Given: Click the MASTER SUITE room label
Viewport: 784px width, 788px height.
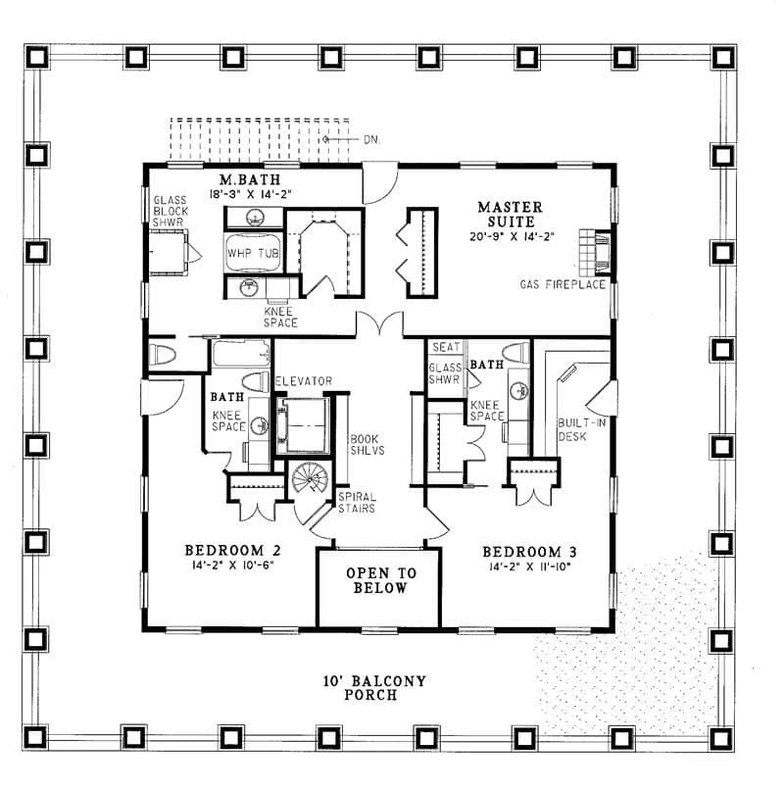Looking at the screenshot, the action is click(x=511, y=215).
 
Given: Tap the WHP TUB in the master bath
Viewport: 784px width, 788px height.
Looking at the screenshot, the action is click(x=253, y=253).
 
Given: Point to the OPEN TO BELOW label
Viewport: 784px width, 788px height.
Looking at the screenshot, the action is click(x=380, y=580).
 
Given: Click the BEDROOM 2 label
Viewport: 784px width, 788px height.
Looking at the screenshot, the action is click(x=232, y=550).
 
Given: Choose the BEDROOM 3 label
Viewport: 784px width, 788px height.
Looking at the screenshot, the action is click(x=530, y=552).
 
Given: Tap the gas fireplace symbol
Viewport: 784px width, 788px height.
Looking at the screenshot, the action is click(x=595, y=252).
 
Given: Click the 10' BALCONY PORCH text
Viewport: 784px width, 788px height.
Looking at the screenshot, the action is click(x=374, y=688).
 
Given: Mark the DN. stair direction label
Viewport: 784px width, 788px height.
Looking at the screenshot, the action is click(x=371, y=140).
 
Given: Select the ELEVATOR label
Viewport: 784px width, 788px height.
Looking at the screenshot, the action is click(x=304, y=381).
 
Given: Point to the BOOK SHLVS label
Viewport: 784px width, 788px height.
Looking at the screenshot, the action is click(x=367, y=445).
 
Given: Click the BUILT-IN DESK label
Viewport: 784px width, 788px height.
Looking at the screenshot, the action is click(x=582, y=429).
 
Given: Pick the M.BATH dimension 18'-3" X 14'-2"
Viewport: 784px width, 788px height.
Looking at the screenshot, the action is click(x=250, y=194).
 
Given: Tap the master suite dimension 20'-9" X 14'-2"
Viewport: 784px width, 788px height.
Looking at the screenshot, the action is click(x=512, y=236).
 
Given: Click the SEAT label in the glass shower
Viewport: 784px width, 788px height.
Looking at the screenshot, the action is click(x=446, y=347).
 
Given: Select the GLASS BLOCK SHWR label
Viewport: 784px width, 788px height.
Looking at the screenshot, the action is click(x=171, y=211).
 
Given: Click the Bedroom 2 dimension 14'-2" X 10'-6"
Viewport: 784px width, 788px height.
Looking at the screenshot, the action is click(x=232, y=565).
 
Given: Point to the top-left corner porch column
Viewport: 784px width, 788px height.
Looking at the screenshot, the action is click(x=36, y=57).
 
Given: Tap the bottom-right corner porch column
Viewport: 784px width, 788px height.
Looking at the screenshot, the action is click(x=721, y=738).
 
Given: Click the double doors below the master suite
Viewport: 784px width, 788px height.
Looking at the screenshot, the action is click(x=379, y=322).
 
